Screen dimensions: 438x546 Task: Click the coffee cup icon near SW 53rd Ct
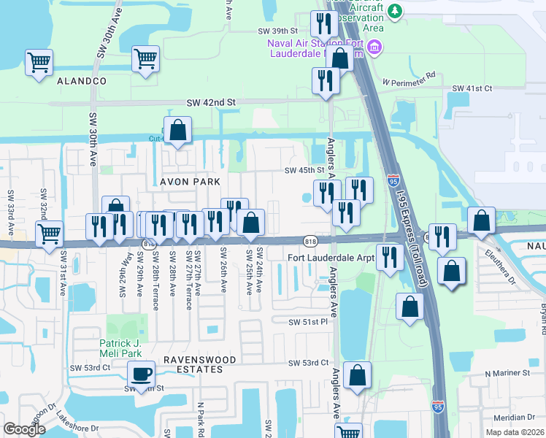[141, 374]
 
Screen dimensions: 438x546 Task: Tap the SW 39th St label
[278, 31]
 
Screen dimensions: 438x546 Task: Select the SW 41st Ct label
[472, 88]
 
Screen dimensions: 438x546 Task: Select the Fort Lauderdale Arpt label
[331, 258]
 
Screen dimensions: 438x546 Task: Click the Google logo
[24, 429]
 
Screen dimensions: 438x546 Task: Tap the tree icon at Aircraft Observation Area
[395, 10]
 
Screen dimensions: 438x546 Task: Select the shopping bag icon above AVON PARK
[177, 131]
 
